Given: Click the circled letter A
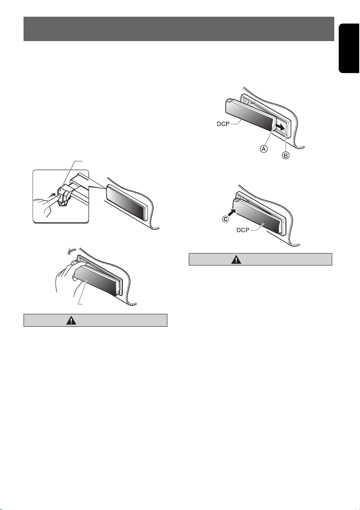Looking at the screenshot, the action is (264, 149).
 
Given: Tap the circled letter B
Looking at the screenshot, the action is (285, 155).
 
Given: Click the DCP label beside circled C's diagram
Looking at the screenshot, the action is (243, 230).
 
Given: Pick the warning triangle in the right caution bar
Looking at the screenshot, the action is (236, 259).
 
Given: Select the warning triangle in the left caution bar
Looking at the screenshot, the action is (71, 320).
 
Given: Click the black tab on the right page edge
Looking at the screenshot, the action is (349, 48).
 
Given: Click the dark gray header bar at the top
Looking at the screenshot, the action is (179, 29).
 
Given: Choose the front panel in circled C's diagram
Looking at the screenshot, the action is (259, 216).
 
